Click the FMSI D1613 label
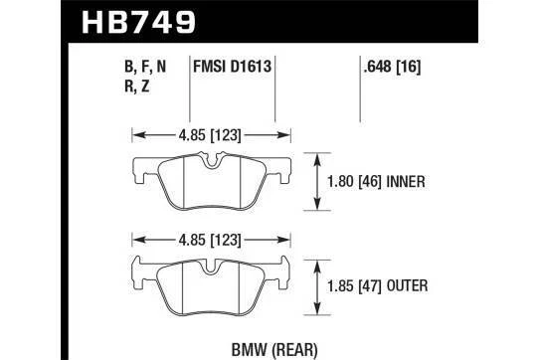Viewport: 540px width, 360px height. [233, 70]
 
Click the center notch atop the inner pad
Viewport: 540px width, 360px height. [211, 163]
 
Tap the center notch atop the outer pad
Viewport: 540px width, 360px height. [211, 265]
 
